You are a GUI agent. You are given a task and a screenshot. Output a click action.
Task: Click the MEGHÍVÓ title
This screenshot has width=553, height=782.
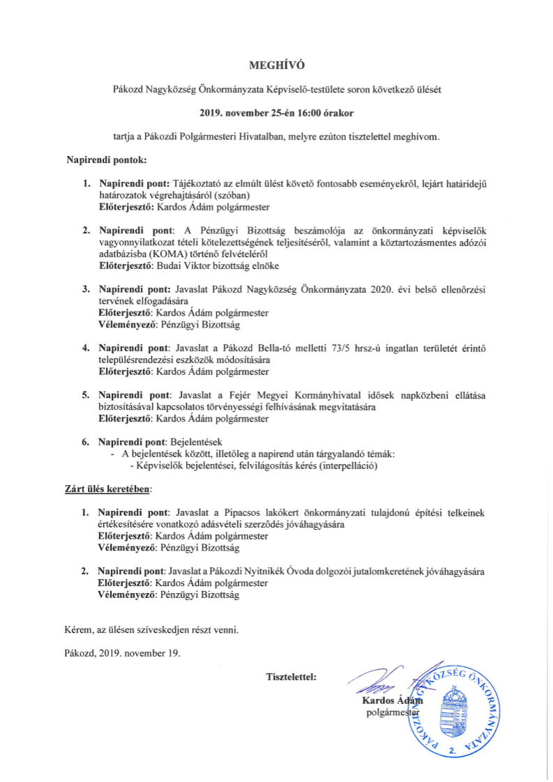point(277,66)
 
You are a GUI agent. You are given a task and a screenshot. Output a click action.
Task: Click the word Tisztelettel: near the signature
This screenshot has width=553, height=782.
point(291,676)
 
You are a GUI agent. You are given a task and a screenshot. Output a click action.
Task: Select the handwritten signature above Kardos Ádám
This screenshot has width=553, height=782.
point(377,680)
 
